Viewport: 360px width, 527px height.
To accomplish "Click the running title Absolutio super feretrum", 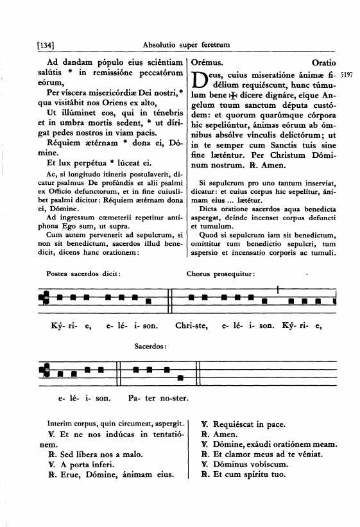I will coord(187,44).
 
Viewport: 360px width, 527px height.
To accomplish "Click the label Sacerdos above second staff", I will coord(151,347).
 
